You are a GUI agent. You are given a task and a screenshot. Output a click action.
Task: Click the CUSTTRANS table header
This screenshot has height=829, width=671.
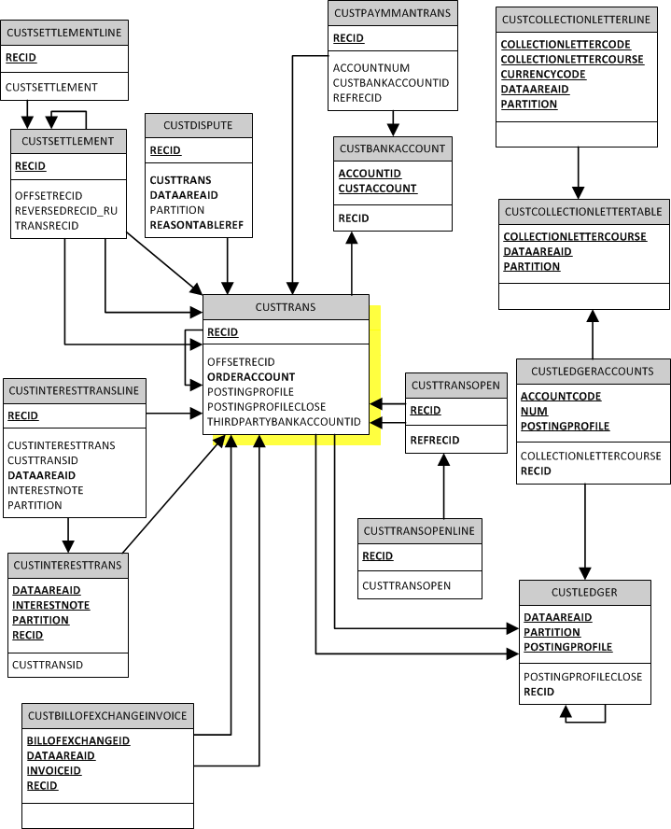pos(286,307)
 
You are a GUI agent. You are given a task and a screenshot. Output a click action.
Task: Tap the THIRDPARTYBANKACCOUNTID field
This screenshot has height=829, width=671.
pos(284,421)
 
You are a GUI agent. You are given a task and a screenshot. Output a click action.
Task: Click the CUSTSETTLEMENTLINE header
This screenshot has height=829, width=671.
pos(63,33)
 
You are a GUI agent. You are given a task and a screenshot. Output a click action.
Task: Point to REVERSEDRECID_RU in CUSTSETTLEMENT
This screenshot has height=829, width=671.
pos(66,211)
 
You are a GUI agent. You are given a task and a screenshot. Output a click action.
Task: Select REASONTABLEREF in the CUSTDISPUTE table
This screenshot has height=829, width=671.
pos(196,225)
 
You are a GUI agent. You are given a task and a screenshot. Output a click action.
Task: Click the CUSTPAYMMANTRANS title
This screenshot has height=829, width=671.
pos(392,13)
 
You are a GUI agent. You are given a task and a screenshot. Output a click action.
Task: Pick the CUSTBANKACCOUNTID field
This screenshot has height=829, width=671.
pos(391,83)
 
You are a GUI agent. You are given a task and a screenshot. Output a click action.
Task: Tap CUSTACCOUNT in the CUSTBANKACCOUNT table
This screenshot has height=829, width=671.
pos(377,189)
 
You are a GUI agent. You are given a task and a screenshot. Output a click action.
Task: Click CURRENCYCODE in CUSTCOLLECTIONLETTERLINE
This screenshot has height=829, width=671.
pos(543,75)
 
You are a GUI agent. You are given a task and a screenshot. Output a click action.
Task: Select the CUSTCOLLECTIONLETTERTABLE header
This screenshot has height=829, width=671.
pos(583,212)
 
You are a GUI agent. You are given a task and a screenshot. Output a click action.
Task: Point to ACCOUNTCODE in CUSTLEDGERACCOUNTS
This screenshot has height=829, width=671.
pos(561,397)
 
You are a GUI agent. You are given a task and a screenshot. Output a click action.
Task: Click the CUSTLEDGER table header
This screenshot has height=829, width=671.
pos(584,592)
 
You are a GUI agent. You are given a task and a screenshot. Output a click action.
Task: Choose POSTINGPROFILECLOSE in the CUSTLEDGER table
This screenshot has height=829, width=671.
pos(582,677)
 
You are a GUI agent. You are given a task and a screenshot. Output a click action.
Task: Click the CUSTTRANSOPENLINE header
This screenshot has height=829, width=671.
pos(419,531)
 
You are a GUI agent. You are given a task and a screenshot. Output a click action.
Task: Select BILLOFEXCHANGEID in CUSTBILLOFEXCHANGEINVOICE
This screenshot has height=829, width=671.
pos(78,740)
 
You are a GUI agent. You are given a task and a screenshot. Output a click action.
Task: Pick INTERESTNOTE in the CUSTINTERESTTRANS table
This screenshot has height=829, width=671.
pos(51,605)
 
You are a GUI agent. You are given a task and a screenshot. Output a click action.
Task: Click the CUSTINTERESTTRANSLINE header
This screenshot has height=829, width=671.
pos(73,390)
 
